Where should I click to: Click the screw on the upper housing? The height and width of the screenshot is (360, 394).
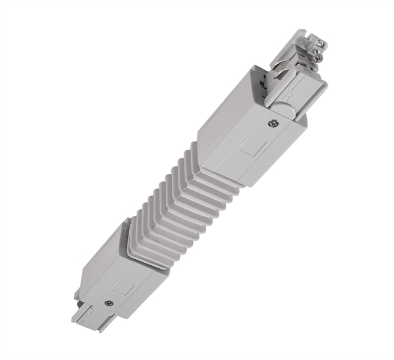coord(271,125)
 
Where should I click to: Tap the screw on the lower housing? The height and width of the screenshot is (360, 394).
coord(108,304)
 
